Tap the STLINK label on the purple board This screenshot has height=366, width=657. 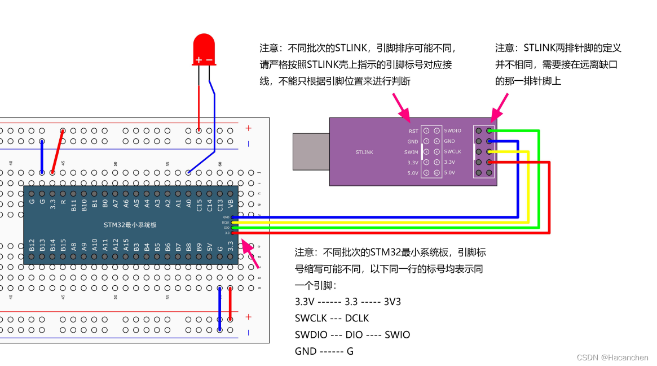point(364,152)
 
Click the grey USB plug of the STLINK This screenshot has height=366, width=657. point(311,152)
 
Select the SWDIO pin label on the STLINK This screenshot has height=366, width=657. point(452,130)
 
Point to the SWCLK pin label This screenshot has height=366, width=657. point(452,152)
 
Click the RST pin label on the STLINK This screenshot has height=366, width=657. point(413,130)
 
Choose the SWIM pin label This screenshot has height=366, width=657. point(411,152)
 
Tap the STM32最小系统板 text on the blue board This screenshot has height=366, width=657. point(130,224)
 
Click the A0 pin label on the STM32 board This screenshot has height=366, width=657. point(189,202)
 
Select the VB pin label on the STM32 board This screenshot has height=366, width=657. point(231,202)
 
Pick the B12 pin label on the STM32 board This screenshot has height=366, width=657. point(32,246)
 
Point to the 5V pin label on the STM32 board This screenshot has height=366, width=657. point(210,246)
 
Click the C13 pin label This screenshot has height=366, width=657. point(220,203)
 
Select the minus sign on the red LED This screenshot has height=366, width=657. point(209,60)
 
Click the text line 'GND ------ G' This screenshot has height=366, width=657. point(324,351)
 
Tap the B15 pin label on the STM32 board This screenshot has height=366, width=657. point(63,246)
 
